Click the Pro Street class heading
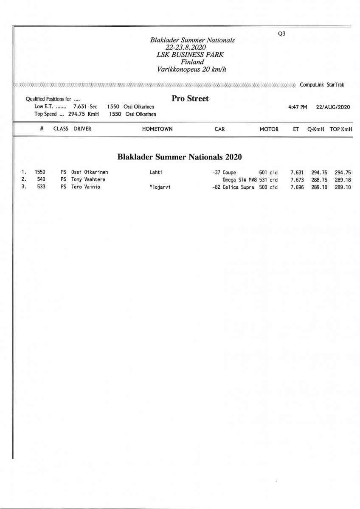190,99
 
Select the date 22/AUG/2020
333,107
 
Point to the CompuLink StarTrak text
322,85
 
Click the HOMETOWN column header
157,129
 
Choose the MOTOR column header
269,129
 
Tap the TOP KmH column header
341,129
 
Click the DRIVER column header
82,129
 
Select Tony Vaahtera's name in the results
88,179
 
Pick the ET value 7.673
297,179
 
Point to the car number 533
41,187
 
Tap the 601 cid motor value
268,173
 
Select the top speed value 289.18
343,179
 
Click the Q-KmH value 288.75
319,179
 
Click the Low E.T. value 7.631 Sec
85,107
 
